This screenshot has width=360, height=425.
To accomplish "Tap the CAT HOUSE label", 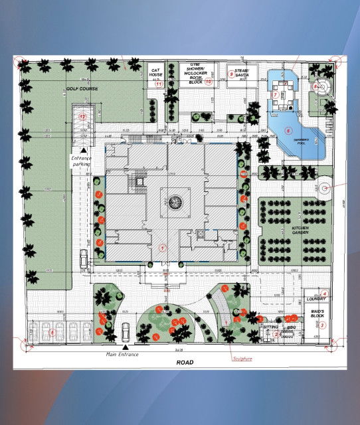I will [x=157, y=73].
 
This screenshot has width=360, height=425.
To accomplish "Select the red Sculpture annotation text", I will [x=244, y=357].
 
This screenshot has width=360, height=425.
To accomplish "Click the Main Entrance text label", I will [x=123, y=354].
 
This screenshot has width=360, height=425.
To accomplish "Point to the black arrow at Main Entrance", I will [x=126, y=347].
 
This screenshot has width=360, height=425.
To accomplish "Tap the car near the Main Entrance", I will [x=126, y=329].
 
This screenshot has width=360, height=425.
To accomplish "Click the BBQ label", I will [x=290, y=327].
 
